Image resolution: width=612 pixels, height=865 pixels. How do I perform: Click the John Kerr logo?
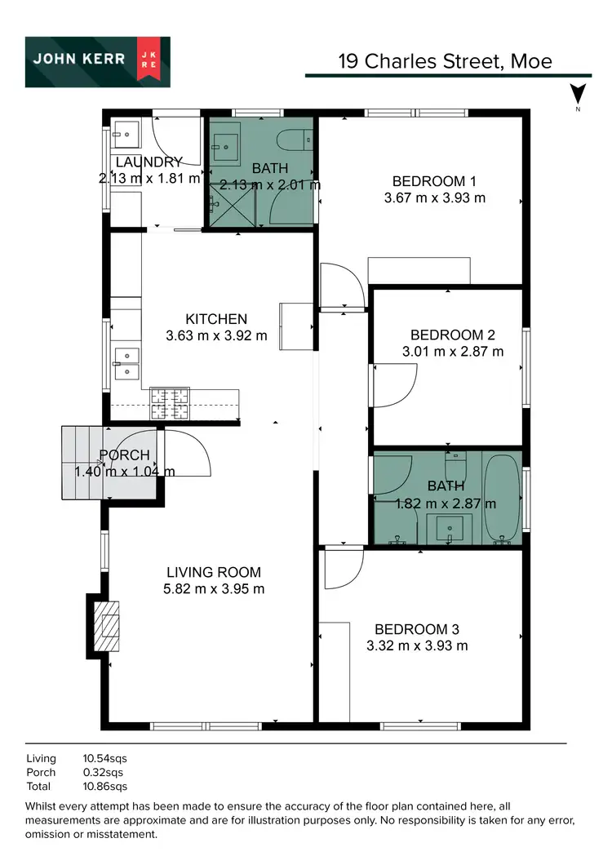point(98,62)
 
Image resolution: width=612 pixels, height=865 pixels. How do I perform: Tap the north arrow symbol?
point(578,95)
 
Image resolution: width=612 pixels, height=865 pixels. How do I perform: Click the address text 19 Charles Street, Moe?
point(445,61)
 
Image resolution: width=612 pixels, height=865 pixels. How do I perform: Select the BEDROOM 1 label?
point(433,181)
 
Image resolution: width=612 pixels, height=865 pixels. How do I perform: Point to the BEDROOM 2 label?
point(452,335)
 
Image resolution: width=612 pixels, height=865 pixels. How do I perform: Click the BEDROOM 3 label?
point(416,629)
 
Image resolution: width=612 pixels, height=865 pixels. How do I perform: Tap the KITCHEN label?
point(216,319)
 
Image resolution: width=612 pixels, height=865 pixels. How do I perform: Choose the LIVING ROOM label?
point(214,572)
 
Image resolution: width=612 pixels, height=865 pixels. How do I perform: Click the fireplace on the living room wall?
point(104,625)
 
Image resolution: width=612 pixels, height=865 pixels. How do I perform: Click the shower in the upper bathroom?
point(233,204)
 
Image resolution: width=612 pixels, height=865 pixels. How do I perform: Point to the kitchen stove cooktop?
point(170,403)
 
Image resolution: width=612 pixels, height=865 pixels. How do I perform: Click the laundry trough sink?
point(126,134)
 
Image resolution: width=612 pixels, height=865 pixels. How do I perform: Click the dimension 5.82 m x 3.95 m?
point(214,588)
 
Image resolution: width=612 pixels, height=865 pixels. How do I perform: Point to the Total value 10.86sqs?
point(105,787)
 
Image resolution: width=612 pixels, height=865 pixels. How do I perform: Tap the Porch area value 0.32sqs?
point(103,772)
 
